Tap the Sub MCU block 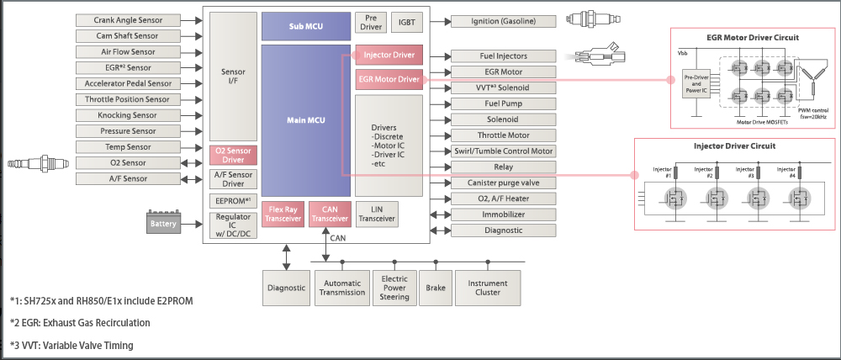click(305, 26)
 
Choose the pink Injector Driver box click(389, 56)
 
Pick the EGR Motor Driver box click(389, 80)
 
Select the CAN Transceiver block click(329, 214)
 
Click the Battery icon click(164, 222)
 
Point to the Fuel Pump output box click(505, 103)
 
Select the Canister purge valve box click(505, 183)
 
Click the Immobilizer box click(505, 214)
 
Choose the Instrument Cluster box click(489, 287)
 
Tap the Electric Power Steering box click(394, 287)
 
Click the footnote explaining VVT click(71, 346)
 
